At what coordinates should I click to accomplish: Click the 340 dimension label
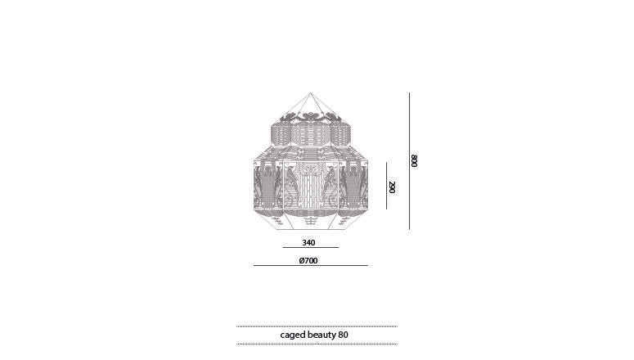point(308,242)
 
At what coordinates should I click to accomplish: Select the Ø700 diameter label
point(308,260)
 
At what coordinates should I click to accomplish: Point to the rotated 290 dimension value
point(393,187)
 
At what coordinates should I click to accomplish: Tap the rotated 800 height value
point(415,160)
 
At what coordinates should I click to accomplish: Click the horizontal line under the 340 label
point(310,247)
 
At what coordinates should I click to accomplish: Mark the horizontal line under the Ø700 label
point(310,265)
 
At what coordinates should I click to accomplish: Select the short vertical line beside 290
point(386,186)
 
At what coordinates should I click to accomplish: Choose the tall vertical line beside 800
point(409,160)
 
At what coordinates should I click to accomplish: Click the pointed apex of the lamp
point(310,92)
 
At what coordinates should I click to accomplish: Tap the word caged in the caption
point(292,335)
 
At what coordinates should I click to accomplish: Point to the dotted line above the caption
point(317,326)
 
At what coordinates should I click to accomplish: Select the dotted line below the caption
point(317,344)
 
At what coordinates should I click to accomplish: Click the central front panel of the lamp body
point(310,187)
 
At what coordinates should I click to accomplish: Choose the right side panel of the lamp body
point(354,187)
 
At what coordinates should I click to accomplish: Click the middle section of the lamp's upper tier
point(310,136)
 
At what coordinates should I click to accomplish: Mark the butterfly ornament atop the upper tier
point(310,119)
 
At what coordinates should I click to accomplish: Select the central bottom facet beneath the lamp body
point(310,220)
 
